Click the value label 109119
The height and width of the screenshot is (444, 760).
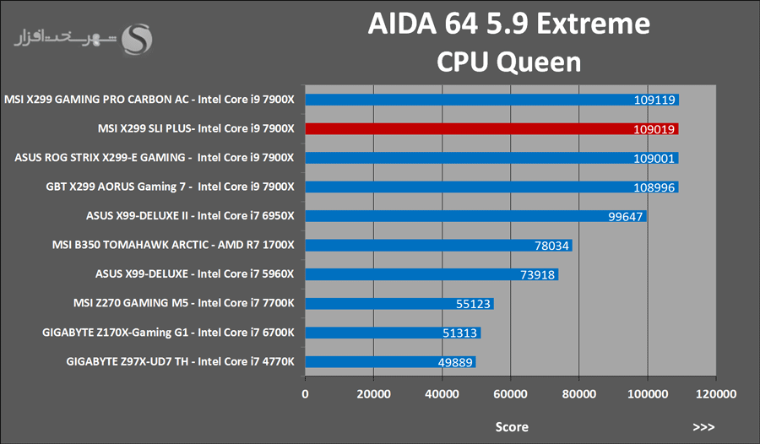pos(654,100)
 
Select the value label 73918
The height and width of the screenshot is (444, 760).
pos(537,275)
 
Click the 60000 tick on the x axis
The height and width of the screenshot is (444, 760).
pos(511,394)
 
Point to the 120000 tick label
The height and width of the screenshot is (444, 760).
pos(716,394)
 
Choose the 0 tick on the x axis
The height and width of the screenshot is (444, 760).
pos(306,394)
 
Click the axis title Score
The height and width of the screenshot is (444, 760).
pos(511,426)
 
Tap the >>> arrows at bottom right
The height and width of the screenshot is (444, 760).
pos(703,426)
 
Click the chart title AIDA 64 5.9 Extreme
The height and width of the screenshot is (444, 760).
pos(508,24)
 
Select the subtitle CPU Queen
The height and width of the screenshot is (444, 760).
pos(508,61)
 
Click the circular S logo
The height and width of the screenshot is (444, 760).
pos(138,38)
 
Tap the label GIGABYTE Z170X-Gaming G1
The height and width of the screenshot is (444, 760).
pos(167,333)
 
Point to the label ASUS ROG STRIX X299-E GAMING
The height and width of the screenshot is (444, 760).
pos(155,157)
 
